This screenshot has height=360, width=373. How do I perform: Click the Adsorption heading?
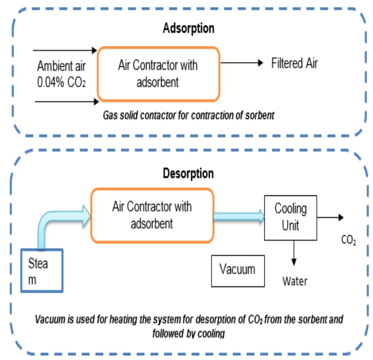(x=189, y=28)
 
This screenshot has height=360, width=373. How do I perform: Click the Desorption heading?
(x=188, y=173)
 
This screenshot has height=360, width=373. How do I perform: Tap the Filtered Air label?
(x=294, y=63)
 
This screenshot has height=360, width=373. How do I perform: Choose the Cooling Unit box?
(x=291, y=218)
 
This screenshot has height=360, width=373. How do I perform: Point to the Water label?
(x=295, y=281)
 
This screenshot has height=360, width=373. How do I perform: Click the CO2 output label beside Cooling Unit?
(x=349, y=241)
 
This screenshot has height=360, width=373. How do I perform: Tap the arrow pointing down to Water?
(x=294, y=252)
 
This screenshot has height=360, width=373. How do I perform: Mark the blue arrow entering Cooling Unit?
(x=239, y=217)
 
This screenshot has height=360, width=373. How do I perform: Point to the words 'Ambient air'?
(x=61, y=66)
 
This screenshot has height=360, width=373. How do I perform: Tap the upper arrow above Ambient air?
(x=65, y=50)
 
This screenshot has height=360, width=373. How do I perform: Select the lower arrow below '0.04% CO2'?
(x=65, y=102)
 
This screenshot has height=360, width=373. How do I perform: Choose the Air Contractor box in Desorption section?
(x=152, y=215)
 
